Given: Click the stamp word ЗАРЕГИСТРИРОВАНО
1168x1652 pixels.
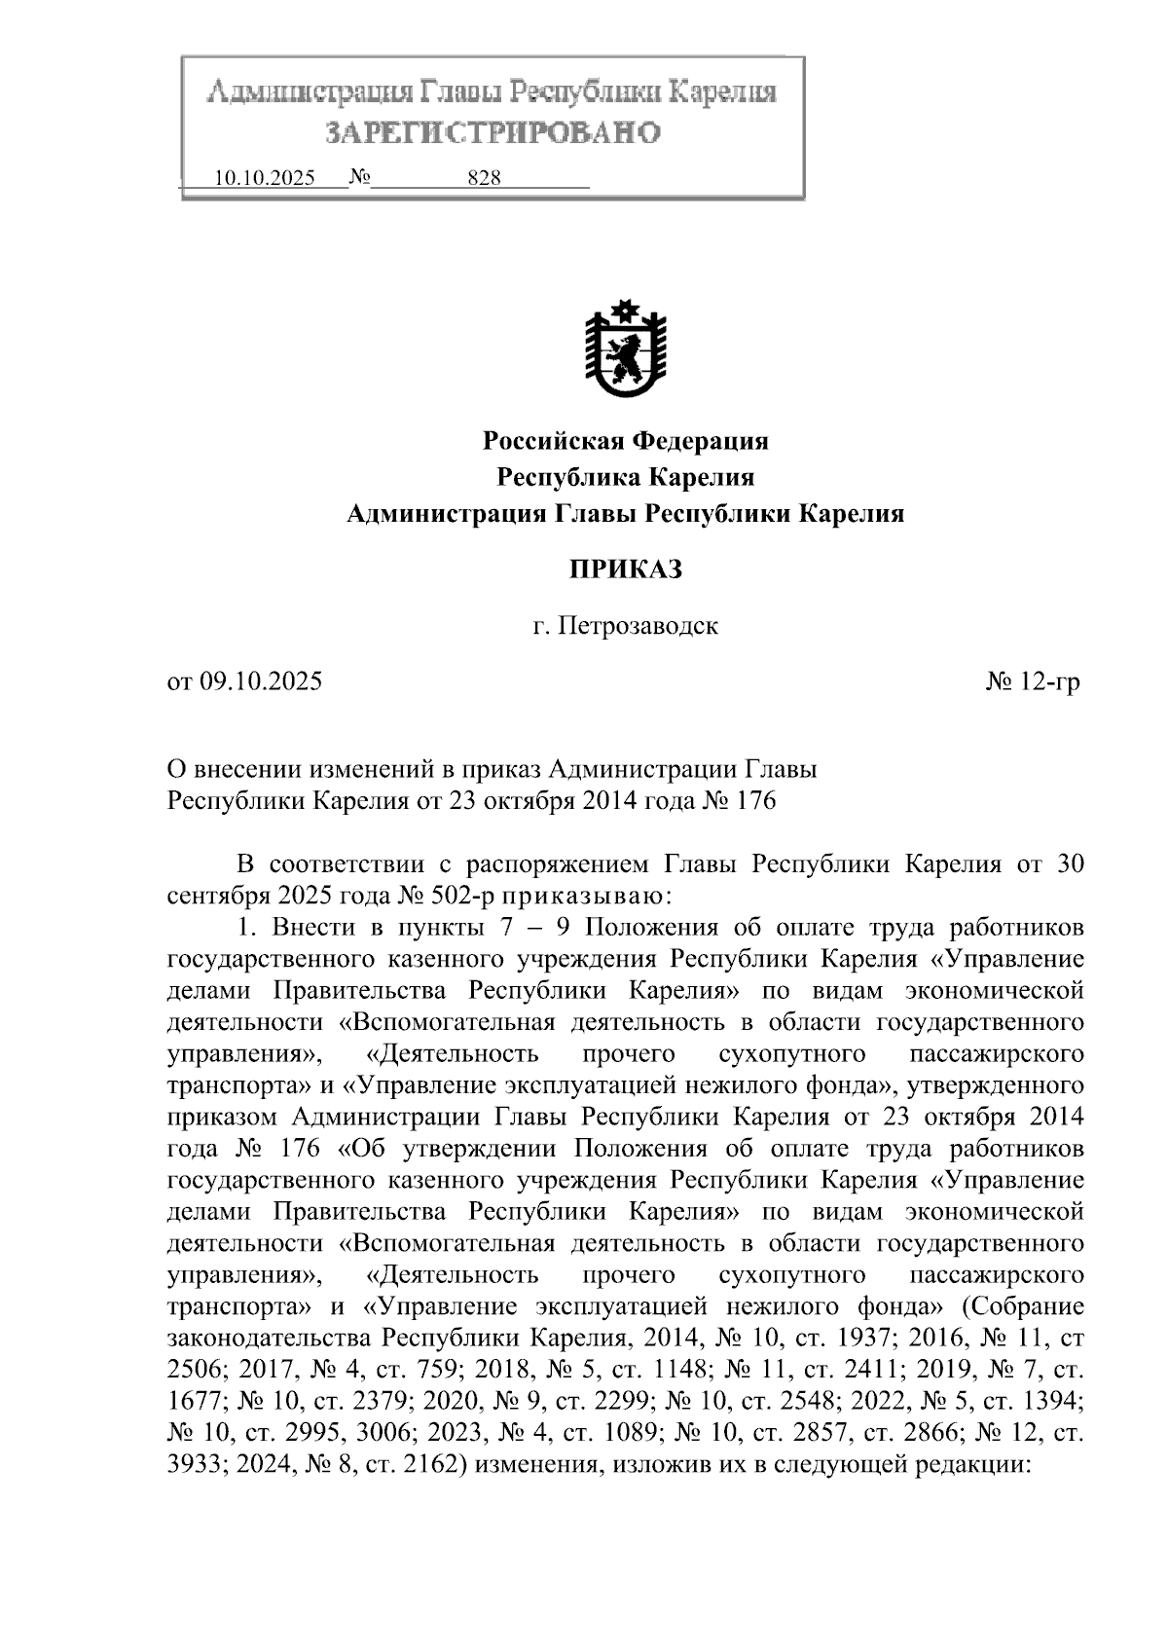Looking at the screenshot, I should pyautogui.click(x=492, y=132).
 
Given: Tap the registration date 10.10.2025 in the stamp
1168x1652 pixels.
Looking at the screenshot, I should pyautogui.click(x=264, y=178).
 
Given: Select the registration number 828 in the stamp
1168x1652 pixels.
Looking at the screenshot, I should pyautogui.click(x=484, y=178).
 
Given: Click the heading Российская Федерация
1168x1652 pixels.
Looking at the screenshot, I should pyautogui.click(x=626, y=442).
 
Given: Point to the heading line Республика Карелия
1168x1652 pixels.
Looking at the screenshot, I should pyautogui.click(x=626, y=478).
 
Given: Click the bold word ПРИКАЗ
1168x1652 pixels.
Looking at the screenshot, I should pyautogui.click(x=626, y=569).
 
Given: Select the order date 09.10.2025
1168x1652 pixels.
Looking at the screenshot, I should pyautogui.click(x=260, y=681).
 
